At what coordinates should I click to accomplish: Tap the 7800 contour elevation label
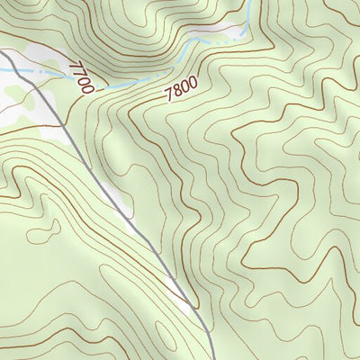[x=181, y=87]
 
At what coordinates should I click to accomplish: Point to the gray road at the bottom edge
[x=211, y=356]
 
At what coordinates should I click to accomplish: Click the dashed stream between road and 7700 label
[x=45, y=71]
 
